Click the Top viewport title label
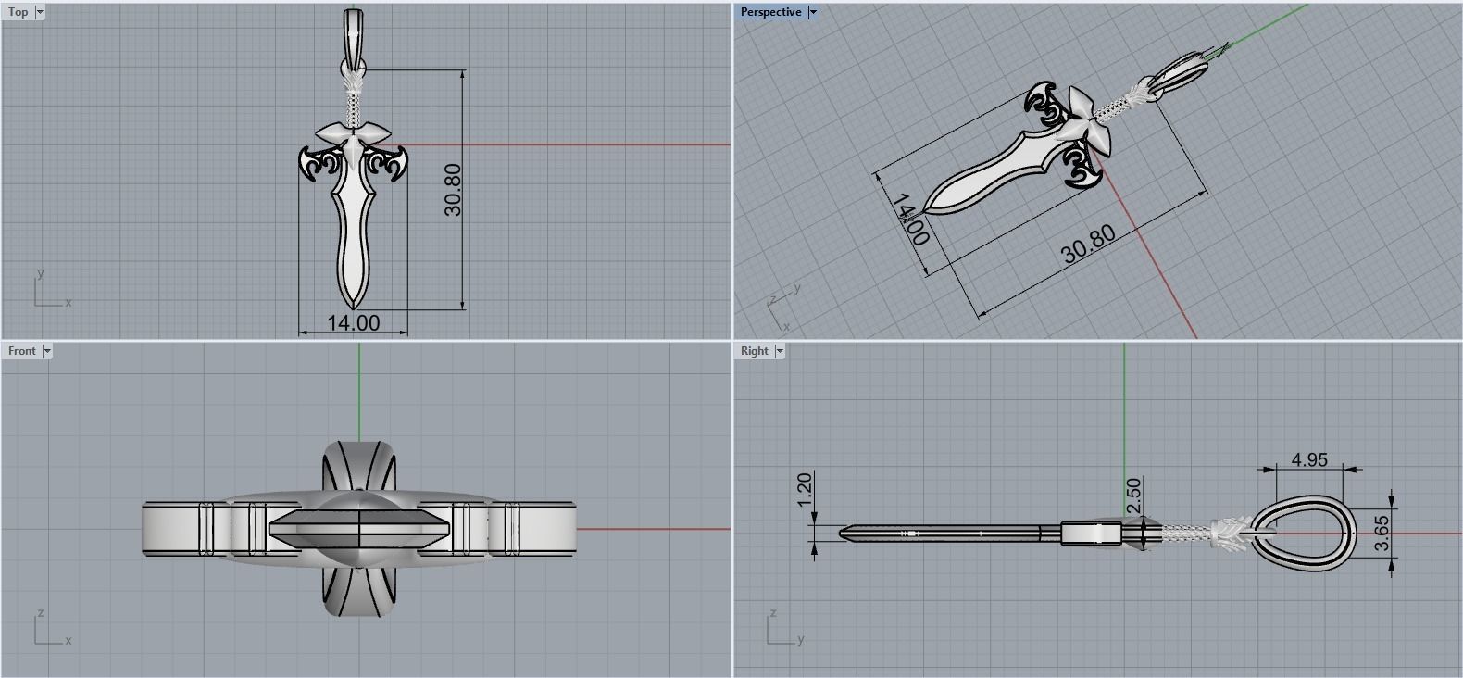[x=18, y=12]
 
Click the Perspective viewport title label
[x=770, y=12]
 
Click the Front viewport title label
[x=21, y=351]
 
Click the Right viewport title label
[x=755, y=351]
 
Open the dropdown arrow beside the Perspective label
[x=813, y=12]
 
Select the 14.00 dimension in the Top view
[x=353, y=322]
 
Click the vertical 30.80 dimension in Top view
[x=452, y=190]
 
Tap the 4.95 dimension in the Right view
[x=1309, y=459]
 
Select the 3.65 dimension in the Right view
[x=1382, y=534]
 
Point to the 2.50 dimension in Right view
[x=1134, y=495]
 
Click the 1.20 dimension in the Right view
[x=804, y=489]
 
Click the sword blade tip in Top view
[x=353, y=303]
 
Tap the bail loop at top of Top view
[x=353, y=28]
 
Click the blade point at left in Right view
[x=844, y=533]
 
